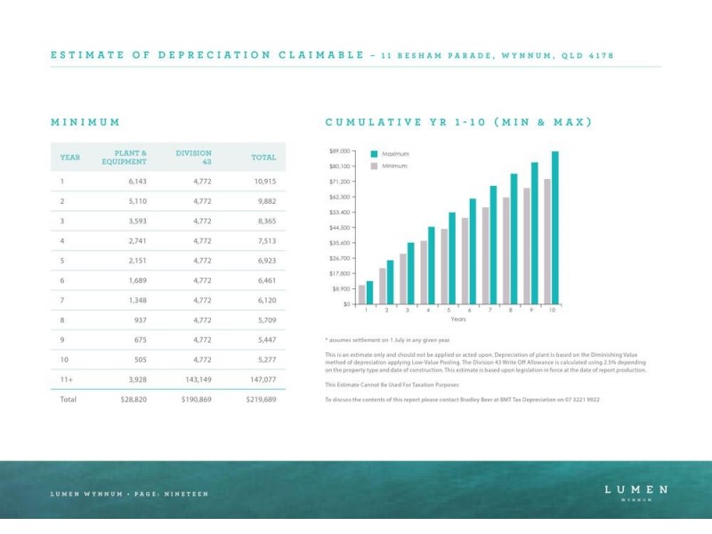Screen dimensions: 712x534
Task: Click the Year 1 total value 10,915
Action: pos(264,182)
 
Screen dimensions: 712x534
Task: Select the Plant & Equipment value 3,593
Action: pos(137,221)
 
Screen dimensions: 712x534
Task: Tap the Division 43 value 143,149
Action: pos(198,380)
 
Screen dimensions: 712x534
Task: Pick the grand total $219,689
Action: pos(261,400)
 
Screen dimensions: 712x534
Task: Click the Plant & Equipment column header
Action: pos(124,158)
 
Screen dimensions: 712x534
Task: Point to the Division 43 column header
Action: pos(193,158)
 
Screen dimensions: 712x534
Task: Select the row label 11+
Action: pos(66,380)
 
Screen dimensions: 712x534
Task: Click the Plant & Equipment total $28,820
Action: pos(133,400)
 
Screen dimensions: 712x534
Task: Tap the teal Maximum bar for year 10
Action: pos(554,228)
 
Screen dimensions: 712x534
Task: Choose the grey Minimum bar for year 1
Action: pos(361,295)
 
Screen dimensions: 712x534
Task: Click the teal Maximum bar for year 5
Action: pos(452,258)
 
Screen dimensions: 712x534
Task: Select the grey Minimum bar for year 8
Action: pos(506,251)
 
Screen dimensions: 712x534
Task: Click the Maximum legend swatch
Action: pos(374,154)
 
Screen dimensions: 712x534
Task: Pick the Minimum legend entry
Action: pos(389,166)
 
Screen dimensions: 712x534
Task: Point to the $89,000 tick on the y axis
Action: pos(340,150)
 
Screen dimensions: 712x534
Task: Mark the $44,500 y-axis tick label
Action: pos(340,228)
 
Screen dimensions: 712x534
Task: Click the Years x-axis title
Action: pos(458,319)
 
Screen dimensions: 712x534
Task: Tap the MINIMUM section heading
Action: pos(85,122)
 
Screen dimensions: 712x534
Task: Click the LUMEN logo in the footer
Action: pos(635,492)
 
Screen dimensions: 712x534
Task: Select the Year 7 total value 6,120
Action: pos(266,300)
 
